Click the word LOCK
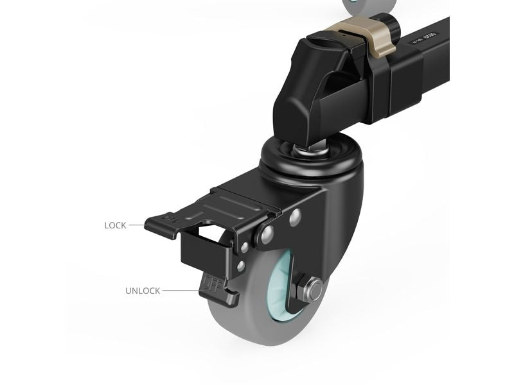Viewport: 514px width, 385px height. point(116,225)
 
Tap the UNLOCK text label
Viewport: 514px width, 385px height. point(143,291)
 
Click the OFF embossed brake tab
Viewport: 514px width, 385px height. point(210,283)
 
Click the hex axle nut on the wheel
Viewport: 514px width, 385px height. point(312,290)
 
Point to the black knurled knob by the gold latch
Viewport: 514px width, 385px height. point(389,27)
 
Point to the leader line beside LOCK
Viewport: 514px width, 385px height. point(137,225)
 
